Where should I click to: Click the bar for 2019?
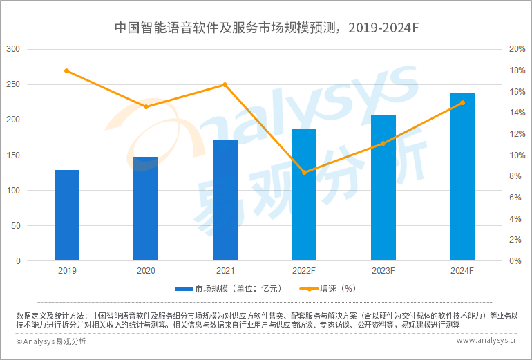67,216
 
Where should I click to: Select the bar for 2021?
225,200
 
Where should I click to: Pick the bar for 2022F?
304,195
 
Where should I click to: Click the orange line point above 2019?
67,71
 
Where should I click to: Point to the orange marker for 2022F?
304,172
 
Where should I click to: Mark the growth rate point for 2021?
225,85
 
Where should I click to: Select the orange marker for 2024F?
462,103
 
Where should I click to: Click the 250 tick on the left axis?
13,84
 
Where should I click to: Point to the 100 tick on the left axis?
13,191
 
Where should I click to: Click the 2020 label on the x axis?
146,272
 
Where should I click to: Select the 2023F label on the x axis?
383,272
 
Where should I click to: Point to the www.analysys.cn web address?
487,341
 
